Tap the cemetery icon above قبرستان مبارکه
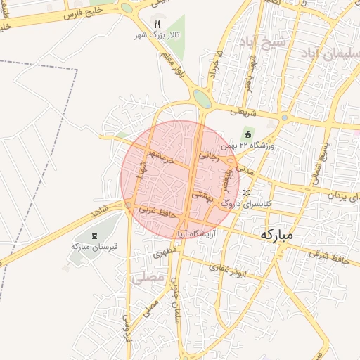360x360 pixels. point(96,235)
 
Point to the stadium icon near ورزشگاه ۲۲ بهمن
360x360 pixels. point(247,134)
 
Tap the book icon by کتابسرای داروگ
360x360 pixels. point(245,193)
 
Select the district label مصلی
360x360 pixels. point(146,278)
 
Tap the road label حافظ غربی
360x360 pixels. point(155,210)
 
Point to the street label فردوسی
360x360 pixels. point(127,323)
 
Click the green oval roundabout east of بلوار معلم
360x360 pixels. point(202,98)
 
